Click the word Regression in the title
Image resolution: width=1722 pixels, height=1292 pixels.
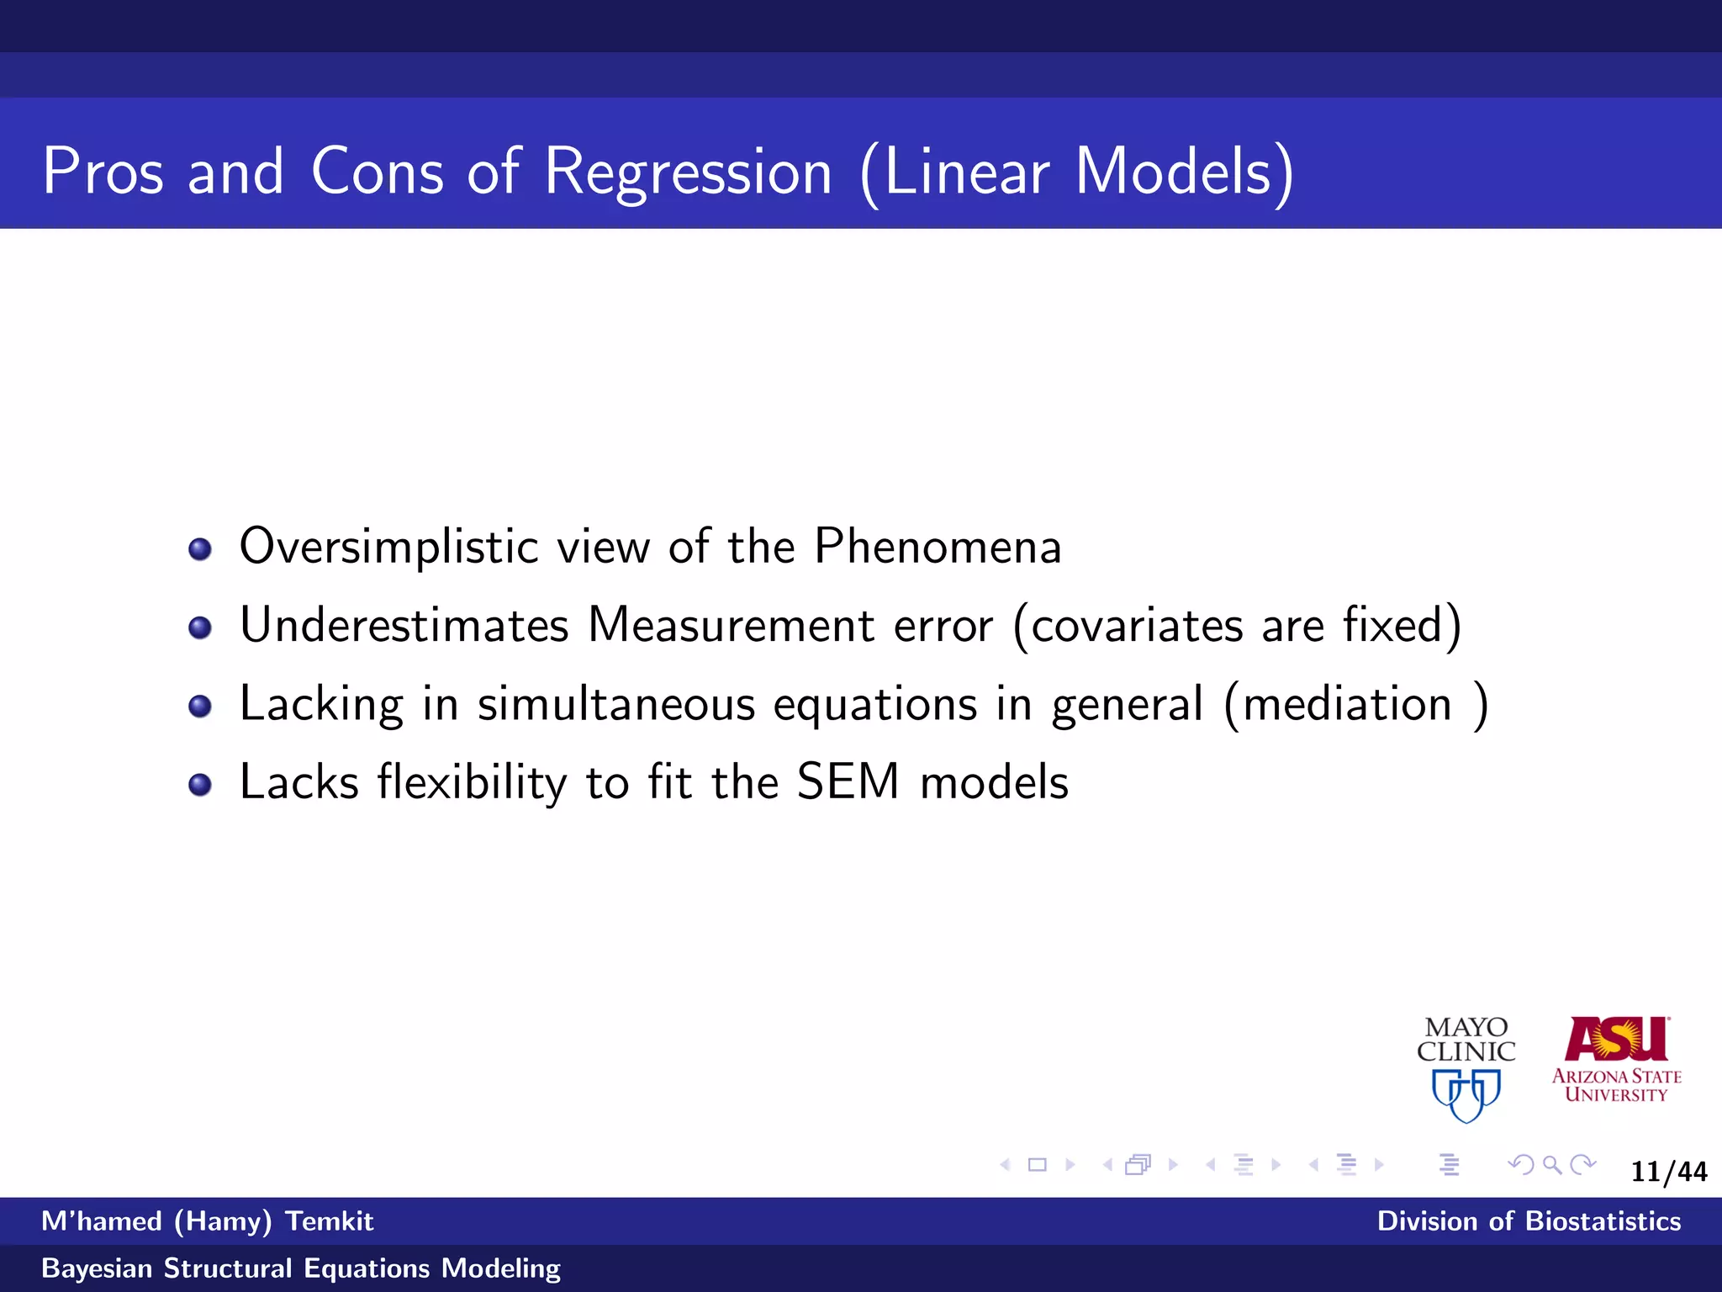pyautogui.click(x=688, y=172)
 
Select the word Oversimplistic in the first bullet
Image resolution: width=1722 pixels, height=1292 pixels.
pyautogui.click(x=388, y=547)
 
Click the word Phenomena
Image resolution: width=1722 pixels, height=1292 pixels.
pyautogui.click(x=938, y=547)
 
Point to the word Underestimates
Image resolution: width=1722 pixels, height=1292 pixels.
pyautogui.click(x=404, y=625)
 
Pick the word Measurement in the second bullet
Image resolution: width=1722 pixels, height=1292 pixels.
pyautogui.click(x=732, y=625)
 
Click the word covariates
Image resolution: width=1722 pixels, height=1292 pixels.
pyautogui.click(x=1136, y=627)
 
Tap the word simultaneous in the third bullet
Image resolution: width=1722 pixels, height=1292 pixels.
pyautogui.click(x=616, y=704)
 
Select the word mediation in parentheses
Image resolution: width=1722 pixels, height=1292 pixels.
pyautogui.click(x=1347, y=704)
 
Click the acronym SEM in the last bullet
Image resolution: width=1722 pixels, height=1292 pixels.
pyautogui.click(x=848, y=781)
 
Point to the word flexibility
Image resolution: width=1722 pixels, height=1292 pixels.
pyautogui.click(x=472, y=782)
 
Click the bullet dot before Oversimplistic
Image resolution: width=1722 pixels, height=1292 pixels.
pyautogui.click(x=200, y=549)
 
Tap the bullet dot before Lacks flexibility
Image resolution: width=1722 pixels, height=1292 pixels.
pyautogui.click(x=200, y=785)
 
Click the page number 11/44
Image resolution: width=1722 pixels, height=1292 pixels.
pyautogui.click(x=1668, y=1172)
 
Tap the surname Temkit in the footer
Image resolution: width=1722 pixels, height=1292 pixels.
pyautogui.click(x=329, y=1221)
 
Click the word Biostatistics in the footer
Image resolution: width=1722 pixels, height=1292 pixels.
pyautogui.click(x=1603, y=1221)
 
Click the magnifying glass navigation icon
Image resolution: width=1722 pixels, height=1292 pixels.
pyautogui.click(x=1552, y=1165)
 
